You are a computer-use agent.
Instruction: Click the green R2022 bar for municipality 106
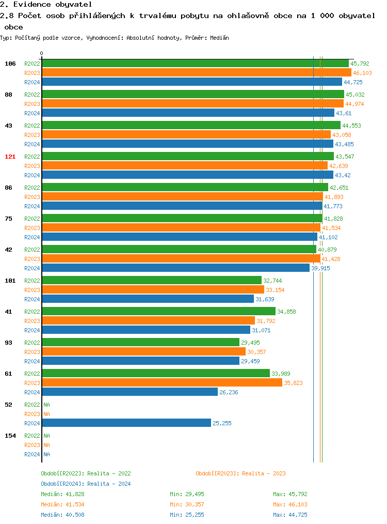195,64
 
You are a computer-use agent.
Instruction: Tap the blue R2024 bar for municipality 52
126,423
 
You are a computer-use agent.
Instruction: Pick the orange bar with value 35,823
162,383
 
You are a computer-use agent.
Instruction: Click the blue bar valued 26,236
130,392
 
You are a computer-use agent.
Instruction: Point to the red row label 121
10,157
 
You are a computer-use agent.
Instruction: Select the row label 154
10,436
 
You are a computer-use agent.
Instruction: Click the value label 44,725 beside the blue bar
353,82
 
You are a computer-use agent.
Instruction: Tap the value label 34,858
286,312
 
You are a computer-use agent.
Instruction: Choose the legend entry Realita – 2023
240,473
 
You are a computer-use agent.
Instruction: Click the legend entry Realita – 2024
86,484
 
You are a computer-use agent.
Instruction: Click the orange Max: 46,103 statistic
290,504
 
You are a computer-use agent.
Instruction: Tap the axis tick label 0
42,53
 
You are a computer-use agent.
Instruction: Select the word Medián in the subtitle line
220,38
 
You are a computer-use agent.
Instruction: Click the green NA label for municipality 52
46,405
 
